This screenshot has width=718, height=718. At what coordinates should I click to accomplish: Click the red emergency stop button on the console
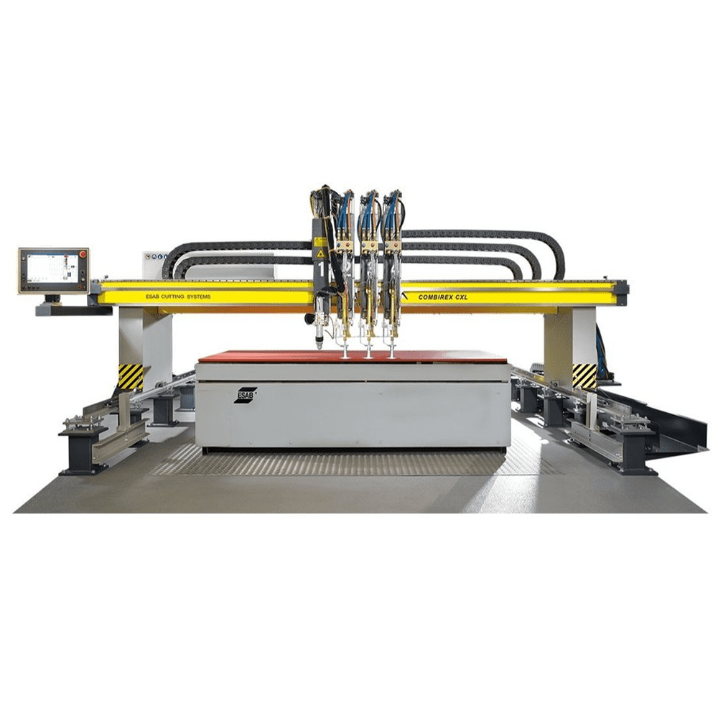83,254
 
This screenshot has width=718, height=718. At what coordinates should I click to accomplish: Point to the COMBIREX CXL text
434,295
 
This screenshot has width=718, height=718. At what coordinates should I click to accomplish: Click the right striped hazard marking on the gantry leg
584,376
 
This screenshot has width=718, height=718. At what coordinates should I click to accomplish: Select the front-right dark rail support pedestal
632,452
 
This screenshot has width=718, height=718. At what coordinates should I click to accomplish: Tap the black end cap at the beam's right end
623,289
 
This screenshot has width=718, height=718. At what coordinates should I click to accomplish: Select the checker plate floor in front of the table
352,463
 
